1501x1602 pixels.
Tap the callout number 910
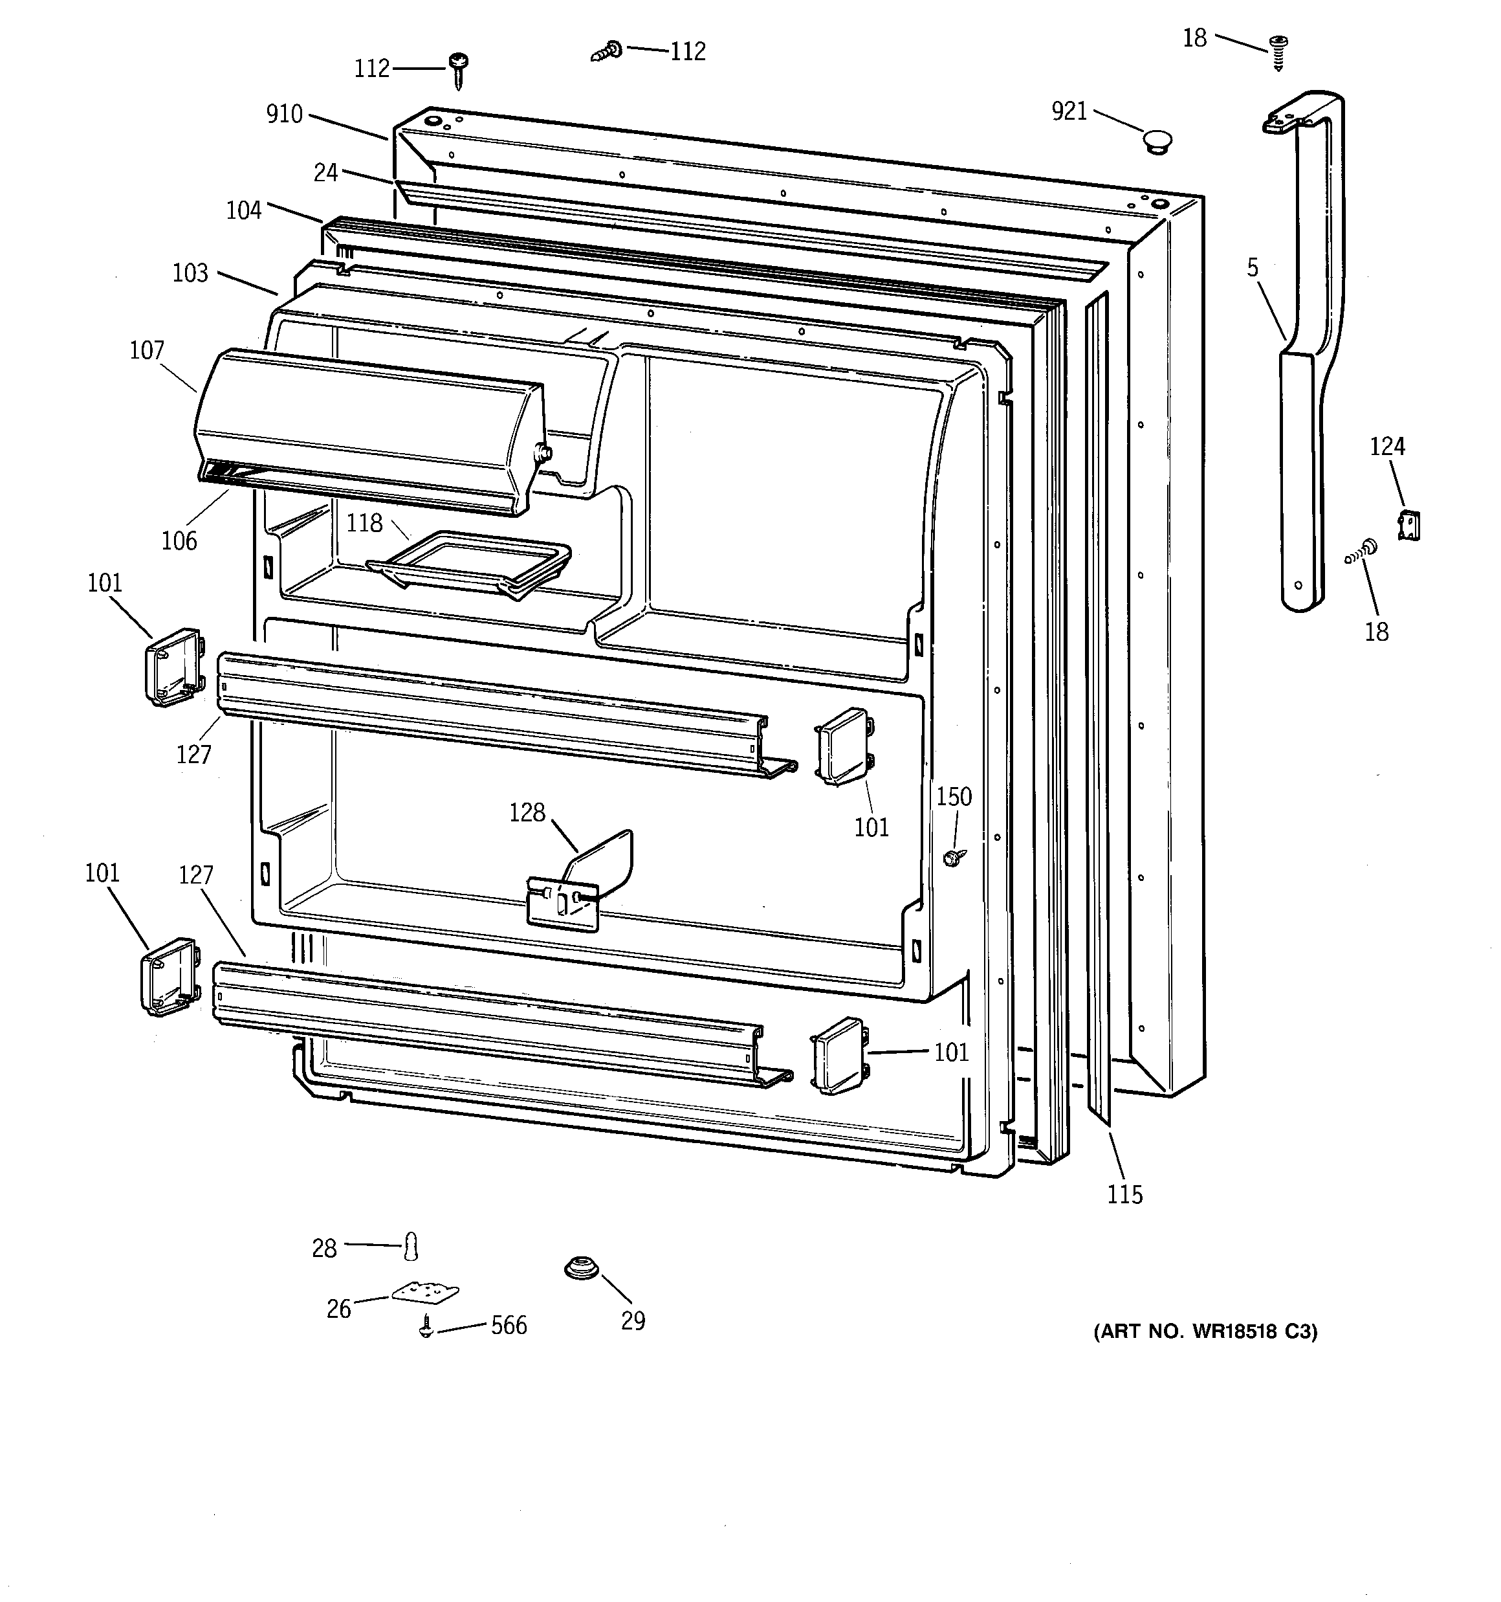tap(285, 115)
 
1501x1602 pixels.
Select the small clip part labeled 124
tap(1408, 526)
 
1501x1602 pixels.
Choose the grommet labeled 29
tap(581, 1269)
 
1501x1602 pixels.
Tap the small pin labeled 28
tap(411, 1247)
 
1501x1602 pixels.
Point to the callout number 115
tap(1124, 1194)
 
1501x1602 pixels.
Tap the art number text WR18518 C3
tap(1205, 1332)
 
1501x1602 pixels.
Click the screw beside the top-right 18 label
tap(1278, 50)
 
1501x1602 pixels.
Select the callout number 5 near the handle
tap(1252, 267)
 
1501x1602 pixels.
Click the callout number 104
tap(243, 210)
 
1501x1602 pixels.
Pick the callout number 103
tap(190, 273)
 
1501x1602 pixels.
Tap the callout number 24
tap(325, 172)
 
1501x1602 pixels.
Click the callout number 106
tap(179, 540)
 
